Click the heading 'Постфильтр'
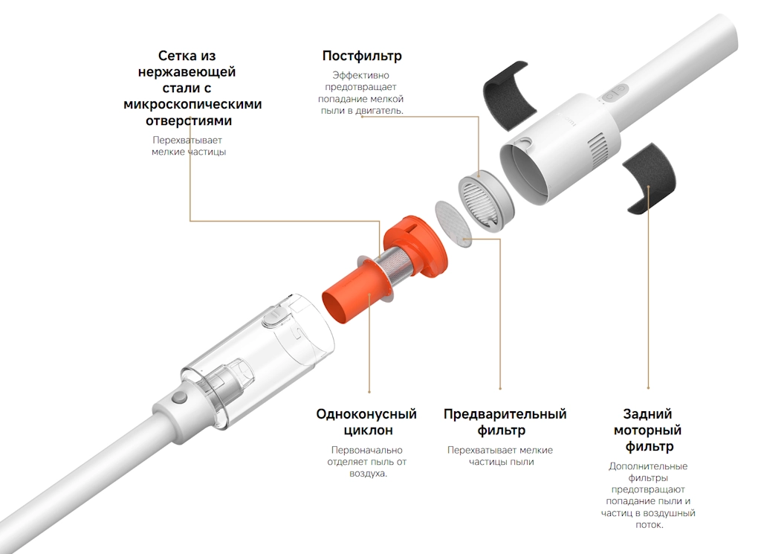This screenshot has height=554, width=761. pyautogui.click(x=362, y=57)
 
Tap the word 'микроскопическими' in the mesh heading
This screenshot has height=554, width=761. pyautogui.click(x=192, y=104)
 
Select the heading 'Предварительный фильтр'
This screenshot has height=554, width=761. pyautogui.click(x=505, y=422)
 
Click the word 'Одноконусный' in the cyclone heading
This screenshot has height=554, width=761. pyautogui.click(x=366, y=414)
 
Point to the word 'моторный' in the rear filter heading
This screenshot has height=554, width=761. pyautogui.click(x=647, y=431)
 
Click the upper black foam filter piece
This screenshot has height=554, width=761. pyautogui.click(x=510, y=95)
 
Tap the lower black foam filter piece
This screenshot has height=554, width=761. pyautogui.click(x=649, y=178)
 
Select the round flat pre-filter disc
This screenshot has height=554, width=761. pyautogui.click(x=453, y=224)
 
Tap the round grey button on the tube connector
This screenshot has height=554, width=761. pyautogui.click(x=180, y=398)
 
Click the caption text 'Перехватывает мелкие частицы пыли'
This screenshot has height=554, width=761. pyautogui.click(x=500, y=456)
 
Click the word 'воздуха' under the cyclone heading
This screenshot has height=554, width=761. pyautogui.click(x=367, y=474)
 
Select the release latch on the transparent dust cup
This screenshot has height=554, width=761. pyautogui.click(x=273, y=315)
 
